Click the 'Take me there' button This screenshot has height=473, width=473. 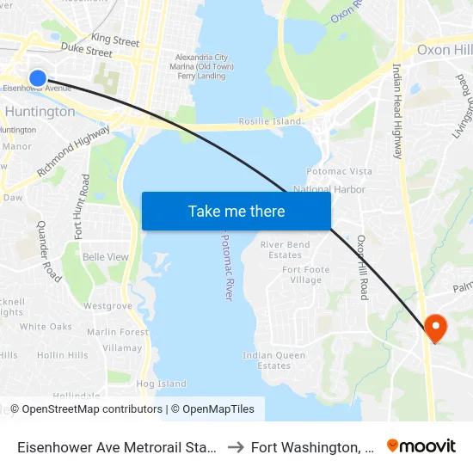[x=236, y=212]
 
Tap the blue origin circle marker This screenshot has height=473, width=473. [x=37, y=78]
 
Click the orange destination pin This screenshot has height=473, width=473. [x=436, y=328]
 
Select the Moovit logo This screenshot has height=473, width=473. [x=421, y=446]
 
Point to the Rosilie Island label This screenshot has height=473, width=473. [x=270, y=121]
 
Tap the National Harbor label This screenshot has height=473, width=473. [x=329, y=189]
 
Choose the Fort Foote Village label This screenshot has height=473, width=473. [x=306, y=275]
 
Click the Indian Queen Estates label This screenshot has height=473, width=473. [x=273, y=360]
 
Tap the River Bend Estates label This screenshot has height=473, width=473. [x=285, y=249]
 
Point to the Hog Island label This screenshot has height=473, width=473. [x=161, y=384]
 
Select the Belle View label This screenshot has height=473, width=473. [x=106, y=257]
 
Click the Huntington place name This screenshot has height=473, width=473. [x=40, y=112]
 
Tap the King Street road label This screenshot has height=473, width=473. [x=115, y=40]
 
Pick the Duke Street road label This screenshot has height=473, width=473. [x=87, y=52]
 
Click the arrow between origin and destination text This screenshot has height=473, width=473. [x=234, y=447]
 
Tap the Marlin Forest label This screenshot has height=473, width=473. [x=118, y=332]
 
